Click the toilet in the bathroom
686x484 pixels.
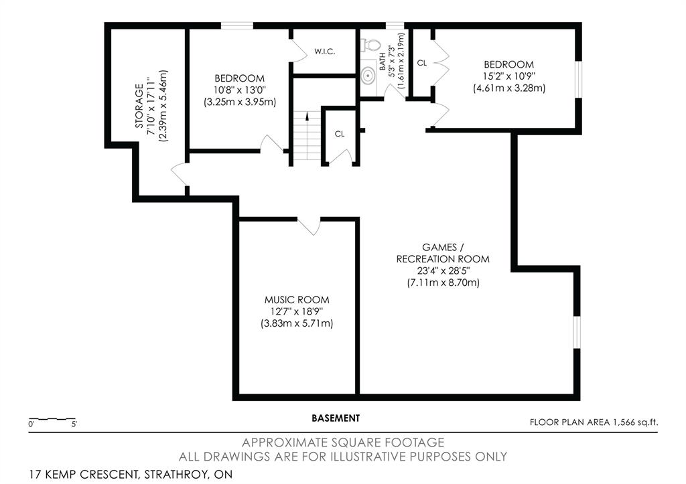click(x=370, y=45)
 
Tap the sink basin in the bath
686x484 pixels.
click(x=368, y=76)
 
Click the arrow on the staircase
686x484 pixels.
click(x=307, y=116)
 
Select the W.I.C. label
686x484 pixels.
click(x=325, y=52)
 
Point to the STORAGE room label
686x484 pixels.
click(x=139, y=106)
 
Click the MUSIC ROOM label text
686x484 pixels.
click(x=297, y=300)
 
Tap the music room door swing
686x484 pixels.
click(x=310, y=226)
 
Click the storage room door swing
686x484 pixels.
click(x=180, y=174)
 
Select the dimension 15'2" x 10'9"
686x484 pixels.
click(x=509, y=76)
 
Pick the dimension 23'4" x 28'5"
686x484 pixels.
click(x=443, y=270)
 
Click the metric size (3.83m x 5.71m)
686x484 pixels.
click(x=297, y=323)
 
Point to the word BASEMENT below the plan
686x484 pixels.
click(x=336, y=418)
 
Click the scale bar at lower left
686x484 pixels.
click(x=52, y=419)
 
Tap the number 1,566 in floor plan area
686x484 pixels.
click(x=622, y=422)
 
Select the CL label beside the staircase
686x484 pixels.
click(x=340, y=134)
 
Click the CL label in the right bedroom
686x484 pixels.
click(x=422, y=63)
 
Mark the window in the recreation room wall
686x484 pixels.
click(x=577, y=332)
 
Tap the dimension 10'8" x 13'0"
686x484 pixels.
click(x=240, y=90)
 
